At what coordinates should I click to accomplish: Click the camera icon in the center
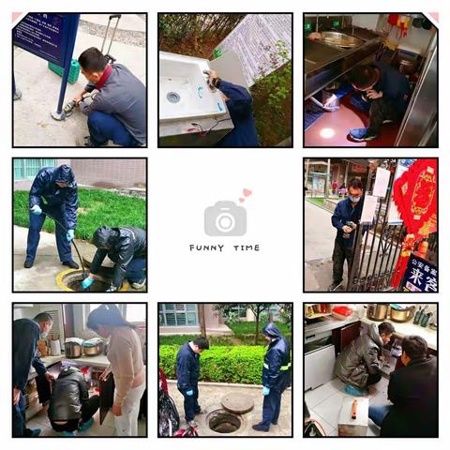[x=225, y=219]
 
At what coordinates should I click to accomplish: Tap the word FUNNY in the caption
[x=204, y=248]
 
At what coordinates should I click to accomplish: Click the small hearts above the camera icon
[x=245, y=195]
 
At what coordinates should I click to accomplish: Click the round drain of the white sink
[x=173, y=97]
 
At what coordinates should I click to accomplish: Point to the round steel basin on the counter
[x=339, y=38]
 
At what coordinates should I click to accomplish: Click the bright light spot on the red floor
[x=326, y=133]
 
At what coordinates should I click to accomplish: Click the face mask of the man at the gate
[x=354, y=199]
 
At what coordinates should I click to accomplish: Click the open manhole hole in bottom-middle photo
[x=223, y=421]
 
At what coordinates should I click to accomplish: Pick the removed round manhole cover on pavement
[x=237, y=402]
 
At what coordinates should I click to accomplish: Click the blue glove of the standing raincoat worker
[x=37, y=209]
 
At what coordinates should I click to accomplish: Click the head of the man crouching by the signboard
[x=92, y=61]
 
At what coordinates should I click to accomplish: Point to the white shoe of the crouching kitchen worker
[x=357, y=134]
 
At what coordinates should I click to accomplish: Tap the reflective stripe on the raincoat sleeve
[x=286, y=367]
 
